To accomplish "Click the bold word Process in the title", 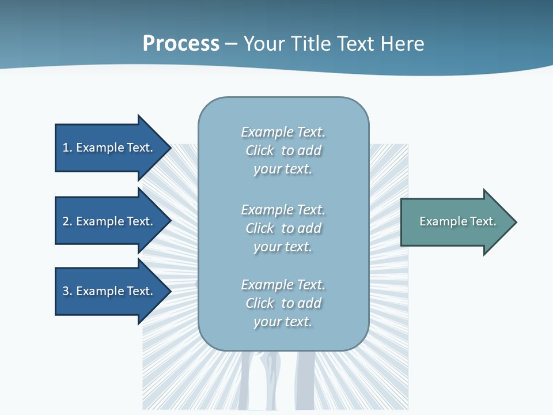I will [181, 44].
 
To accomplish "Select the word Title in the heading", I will [312, 44].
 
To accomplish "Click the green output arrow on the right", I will [455, 222].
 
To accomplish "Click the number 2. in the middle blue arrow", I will [67, 221].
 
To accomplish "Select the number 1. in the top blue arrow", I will [67, 148].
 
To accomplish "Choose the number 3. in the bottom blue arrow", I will [67, 291].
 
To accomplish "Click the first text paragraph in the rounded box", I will [283, 150].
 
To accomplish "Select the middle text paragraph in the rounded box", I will [283, 228].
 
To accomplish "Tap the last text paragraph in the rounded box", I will [283, 303].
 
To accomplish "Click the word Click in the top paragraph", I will [260, 150].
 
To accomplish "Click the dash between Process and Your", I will [231, 44].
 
